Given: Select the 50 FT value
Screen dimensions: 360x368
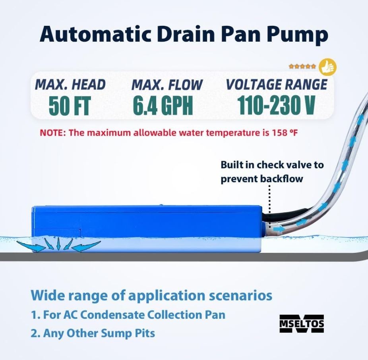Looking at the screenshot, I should (x=70, y=106).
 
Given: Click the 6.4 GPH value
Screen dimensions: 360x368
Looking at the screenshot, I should (x=163, y=106).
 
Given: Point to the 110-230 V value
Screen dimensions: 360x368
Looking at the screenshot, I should (x=277, y=105).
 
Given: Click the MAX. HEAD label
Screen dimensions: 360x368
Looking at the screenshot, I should (x=71, y=85).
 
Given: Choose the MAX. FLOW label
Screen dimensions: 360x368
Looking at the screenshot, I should (x=167, y=85).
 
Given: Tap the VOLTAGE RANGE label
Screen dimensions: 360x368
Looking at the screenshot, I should (x=277, y=84).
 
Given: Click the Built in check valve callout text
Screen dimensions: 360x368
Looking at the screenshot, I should (x=272, y=171).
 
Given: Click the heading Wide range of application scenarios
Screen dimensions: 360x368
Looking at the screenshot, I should (x=151, y=295).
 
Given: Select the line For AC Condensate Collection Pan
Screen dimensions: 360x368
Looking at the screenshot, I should (x=128, y=315).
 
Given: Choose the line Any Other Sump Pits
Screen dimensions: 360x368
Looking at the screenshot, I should (x=93, y=333).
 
